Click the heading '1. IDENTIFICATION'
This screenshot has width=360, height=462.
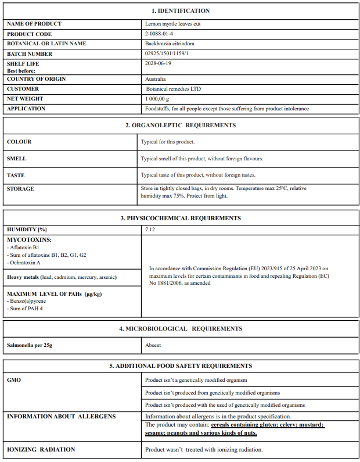[x=181, y=10]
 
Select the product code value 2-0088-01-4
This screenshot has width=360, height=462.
[x=159, y=34]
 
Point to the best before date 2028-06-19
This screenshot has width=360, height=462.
[x=158, y=63]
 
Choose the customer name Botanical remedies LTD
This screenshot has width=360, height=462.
[x=174, y=89]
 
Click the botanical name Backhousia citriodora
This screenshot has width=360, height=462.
[x=170, y=44]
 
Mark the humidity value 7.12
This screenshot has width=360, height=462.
[x=150, y=230]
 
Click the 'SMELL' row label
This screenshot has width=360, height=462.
[x=16, y=158]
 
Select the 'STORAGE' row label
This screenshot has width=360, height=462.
[x=20, y=189]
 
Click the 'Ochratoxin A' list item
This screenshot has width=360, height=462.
[x=24, y=263]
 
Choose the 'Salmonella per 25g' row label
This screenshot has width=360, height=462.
[x=30, y=345]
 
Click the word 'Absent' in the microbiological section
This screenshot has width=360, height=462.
[x=153, y=345]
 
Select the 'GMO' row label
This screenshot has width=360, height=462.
[x=13, y=380]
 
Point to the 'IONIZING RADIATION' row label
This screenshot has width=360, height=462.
[x=41, y=449]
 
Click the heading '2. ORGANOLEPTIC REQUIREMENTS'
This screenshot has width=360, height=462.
[x=181, y=125]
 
